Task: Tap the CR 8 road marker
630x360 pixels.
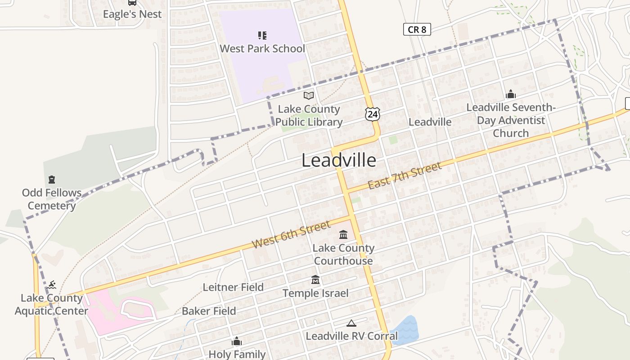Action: point(417,30)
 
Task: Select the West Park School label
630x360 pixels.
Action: point(262,49)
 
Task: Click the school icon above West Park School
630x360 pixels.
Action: point(262,35)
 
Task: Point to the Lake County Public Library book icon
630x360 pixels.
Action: point(308,95)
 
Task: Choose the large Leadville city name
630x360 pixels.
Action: point(338,161)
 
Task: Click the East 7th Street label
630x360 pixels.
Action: point(405,175)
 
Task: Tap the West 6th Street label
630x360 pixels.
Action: point(291,234)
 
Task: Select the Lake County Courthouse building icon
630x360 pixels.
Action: point(343,234)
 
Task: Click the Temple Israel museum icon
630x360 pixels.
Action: point(315,280)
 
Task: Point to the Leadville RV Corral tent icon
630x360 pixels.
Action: point(351,323)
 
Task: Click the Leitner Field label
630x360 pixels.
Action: point(233,287)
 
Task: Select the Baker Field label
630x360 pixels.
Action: point(209,311)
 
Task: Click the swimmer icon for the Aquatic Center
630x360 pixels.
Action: point(52,284)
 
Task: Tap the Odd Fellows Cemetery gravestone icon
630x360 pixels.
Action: point(52,180)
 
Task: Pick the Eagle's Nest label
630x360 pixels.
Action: point(132,14)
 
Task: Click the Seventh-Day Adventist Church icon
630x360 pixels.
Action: point(510,94)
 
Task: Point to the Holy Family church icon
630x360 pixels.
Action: point(237,342)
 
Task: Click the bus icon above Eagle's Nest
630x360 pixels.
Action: point(132,2)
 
